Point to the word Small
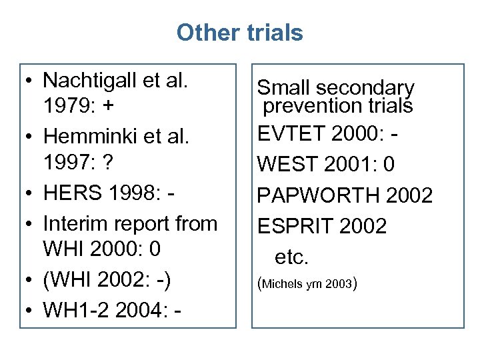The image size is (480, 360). point(284,87)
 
